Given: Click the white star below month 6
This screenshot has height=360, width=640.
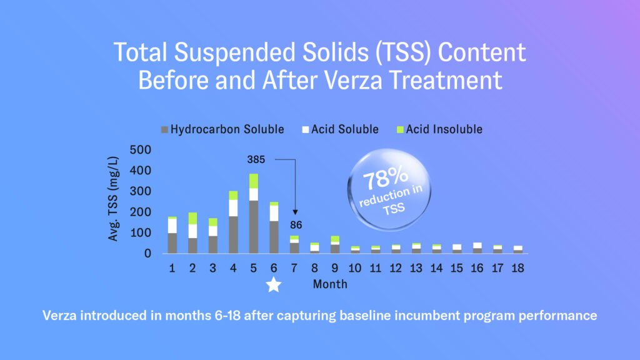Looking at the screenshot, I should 274,284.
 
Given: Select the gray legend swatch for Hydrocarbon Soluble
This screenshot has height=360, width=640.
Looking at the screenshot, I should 165,130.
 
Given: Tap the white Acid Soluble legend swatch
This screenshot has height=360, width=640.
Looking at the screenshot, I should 306,130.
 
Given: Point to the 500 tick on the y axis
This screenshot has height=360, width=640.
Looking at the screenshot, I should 142,150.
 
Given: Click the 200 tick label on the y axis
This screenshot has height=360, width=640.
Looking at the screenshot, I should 142,212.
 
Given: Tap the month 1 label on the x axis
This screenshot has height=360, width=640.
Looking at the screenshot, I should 172,267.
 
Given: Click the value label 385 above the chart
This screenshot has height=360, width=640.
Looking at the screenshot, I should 256,159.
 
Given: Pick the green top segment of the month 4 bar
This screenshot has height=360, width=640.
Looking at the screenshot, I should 233,196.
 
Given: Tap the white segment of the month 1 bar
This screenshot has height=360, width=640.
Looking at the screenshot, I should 172,226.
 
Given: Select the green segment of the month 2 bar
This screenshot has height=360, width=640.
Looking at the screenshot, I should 192,218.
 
